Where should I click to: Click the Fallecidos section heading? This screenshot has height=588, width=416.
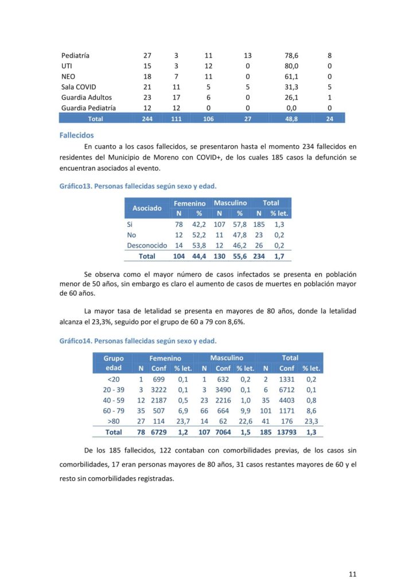coord(76,135)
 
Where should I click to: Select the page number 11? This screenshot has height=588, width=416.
coord(353,573)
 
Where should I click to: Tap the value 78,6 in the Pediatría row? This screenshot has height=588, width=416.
coord(291,56)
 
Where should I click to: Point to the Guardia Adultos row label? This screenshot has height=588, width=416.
coord(87,97)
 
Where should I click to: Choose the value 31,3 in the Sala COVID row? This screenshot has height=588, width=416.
coord(291,87)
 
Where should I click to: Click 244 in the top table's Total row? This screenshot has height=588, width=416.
coord(147,118)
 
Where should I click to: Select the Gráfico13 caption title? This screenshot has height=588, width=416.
coord(138,186)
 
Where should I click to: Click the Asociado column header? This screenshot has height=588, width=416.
coord(147,208)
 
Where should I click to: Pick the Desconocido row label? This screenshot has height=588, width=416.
coord(147,245)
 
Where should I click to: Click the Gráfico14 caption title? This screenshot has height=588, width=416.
coord(138,341)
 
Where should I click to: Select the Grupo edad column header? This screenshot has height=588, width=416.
coord(114,363)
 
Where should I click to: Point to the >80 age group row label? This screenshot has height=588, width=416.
coord(114,421)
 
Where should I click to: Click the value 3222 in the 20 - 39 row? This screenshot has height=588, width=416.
coord(158,390)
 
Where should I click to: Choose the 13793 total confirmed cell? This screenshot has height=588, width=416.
coord(287,432)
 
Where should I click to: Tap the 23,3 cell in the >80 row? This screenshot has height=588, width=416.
coord(312,421)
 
